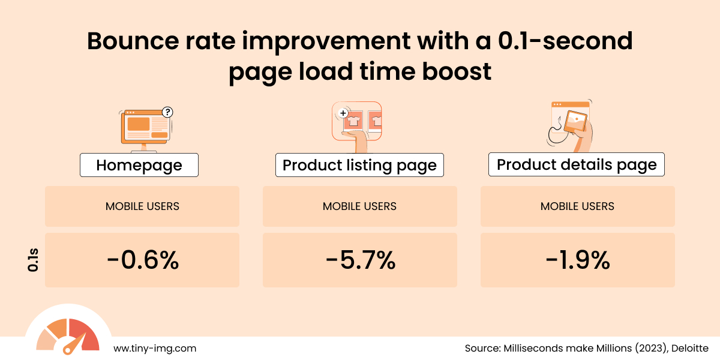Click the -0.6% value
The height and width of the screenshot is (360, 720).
(x=142, y=260)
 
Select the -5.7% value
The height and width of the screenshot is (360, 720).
(x=360, y=260)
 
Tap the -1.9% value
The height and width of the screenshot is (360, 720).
(x=577, y=260)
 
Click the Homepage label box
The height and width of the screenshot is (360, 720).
(x=139, y=165)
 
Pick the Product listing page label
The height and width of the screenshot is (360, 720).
(x=359, y=165)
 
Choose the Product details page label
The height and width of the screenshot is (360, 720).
(x=577, y=164)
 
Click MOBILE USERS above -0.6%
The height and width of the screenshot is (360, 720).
(x=142, y=206)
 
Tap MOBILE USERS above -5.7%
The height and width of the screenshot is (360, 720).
(x=360, y=206)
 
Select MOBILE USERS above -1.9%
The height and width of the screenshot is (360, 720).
(x=577, y=206)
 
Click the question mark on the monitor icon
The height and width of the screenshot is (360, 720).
(x=167, y=112)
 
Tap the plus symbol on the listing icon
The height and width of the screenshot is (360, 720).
(x=343, y=112)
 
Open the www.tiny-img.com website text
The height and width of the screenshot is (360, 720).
(x=155, y=348)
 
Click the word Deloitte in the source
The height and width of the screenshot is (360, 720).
(x=690, y=348)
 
